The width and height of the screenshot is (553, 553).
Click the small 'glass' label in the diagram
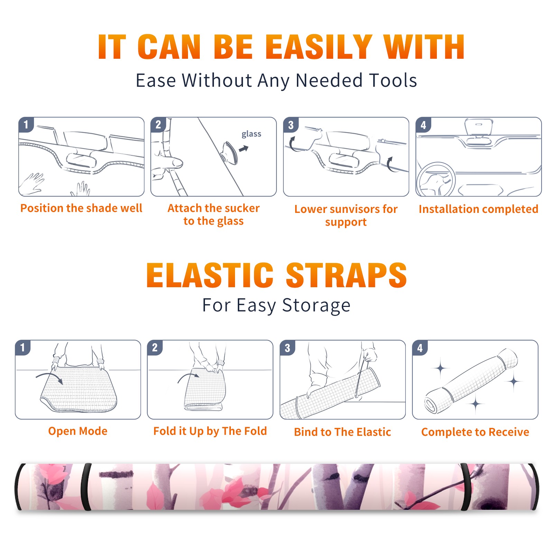pyautogui.click(x=251, y=134)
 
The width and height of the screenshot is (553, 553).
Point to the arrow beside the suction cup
pyautogui.click(x=244, y=149)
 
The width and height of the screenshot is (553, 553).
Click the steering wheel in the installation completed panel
pyautogui.click(x=436, y=179)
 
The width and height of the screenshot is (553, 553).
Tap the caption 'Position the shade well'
pyautogui.click(x=81, y=208)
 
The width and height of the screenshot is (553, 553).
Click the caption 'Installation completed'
pyautogui.click(x=478, y=209)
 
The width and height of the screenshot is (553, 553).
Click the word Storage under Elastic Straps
pyautogui.click(x=316, y=306)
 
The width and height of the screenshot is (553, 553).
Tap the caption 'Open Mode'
pyautogui.click(x=78, y=431)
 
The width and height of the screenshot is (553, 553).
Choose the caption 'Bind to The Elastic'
pyautogui.click(x=343, y=432)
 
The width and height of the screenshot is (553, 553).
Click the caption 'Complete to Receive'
pyautogui.click(x=475, y=432)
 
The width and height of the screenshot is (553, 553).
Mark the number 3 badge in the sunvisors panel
pyautogui.click(x=291, y=125)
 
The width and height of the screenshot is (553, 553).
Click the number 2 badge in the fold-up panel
pyautogui.click(x=155, y=347)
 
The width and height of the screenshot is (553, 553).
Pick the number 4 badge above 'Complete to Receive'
pyautogui.click(x=420, y=347)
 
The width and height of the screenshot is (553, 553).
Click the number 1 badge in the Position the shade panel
pyautogui.click(x=26, y=124)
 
